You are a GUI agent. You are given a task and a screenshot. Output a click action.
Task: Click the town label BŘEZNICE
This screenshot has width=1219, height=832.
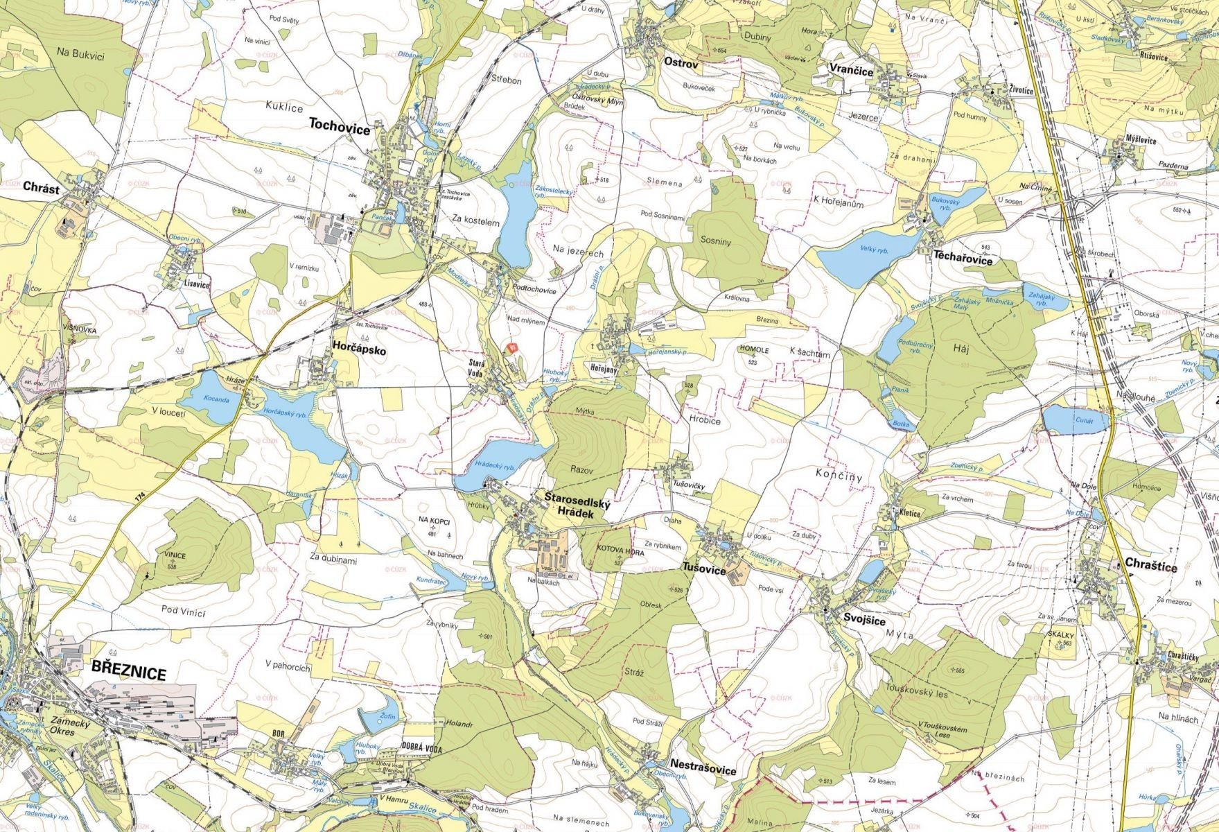128,673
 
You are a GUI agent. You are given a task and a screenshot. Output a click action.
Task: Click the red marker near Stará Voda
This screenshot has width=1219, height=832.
512,347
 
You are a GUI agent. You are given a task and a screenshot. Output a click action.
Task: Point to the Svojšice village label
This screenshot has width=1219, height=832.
864,621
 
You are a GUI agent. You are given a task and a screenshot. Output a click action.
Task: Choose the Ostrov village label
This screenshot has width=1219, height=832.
681,62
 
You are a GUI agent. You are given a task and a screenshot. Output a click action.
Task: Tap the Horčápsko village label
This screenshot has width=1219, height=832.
358,351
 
